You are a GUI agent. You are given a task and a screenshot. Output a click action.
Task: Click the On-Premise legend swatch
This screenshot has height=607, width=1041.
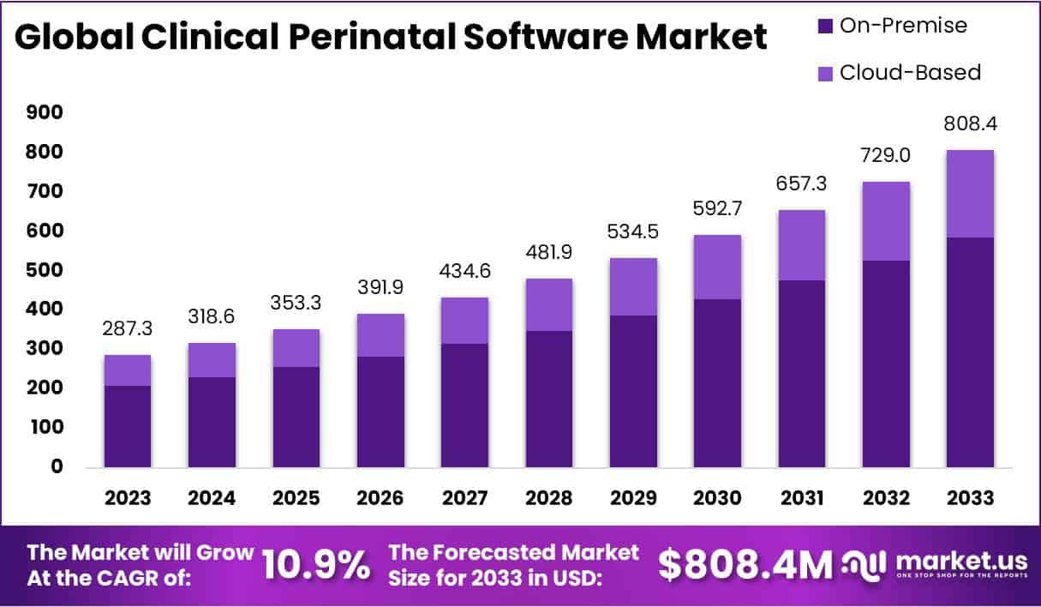[x=825, y=27]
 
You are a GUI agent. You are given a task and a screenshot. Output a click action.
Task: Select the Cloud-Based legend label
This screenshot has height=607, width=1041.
[x=910, y=72]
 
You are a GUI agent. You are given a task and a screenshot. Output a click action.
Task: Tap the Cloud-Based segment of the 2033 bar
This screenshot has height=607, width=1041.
[x=970, y=194]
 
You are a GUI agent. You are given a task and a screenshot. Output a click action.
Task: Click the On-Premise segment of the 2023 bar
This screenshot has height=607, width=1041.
[x=128, y=426]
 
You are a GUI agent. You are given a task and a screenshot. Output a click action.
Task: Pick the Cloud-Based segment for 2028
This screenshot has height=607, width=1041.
[x=549, y=304]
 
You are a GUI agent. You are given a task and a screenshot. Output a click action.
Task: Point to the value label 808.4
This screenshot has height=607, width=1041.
[x=971, y=125]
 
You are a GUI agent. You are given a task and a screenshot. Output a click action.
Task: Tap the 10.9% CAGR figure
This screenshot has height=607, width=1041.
[x=316, y=565]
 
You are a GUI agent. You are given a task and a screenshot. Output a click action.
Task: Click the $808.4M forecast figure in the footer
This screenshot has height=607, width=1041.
[x=745, y=565]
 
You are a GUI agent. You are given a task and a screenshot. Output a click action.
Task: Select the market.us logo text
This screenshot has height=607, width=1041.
[x=960, y=561]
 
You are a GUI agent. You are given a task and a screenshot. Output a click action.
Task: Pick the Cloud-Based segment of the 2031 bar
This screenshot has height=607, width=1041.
[x=802, y=245]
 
